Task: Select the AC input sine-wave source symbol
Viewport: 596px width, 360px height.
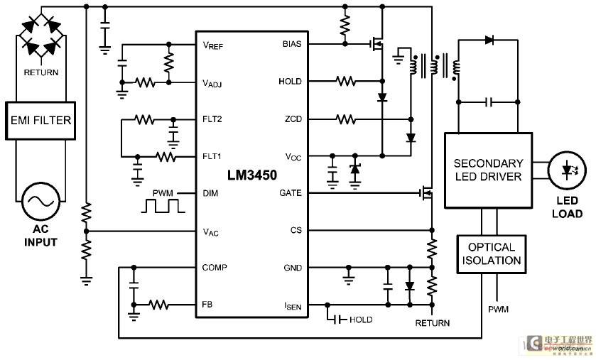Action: coord(40,201)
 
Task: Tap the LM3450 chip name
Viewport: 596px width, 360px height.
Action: coord(252,175)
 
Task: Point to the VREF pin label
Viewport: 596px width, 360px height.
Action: coord(213,45)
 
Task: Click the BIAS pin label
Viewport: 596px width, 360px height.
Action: coord(292,44)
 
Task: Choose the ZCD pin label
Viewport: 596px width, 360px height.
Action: coord(293,119)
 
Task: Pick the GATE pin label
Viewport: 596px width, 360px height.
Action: coord(291,193)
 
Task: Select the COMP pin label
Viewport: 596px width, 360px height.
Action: coord(215,268)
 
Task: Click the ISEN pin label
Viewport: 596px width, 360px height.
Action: coord(293,306)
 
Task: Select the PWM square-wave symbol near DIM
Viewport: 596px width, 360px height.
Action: coord(163,206)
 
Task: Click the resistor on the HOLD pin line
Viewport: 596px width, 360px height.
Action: coord(345,81)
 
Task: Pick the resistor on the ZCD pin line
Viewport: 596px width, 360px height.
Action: coord(345,119)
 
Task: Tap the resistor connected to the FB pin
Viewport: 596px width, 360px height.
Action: coord(158,305)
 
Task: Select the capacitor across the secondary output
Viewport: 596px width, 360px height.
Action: coord(489,102)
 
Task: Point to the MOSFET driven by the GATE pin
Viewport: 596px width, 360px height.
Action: coord(426,192)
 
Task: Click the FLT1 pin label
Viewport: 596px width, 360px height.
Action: coord(212,156)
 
